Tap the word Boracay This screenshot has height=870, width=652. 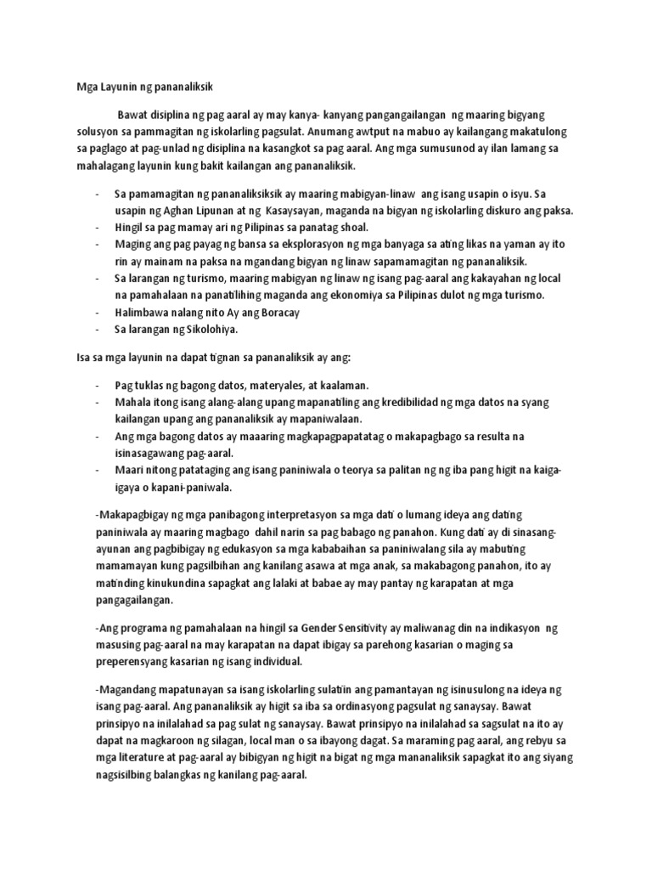pyautogui.click(x=256, y=312)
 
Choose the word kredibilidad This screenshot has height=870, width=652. pyautogui.click(x=403, y=402)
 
